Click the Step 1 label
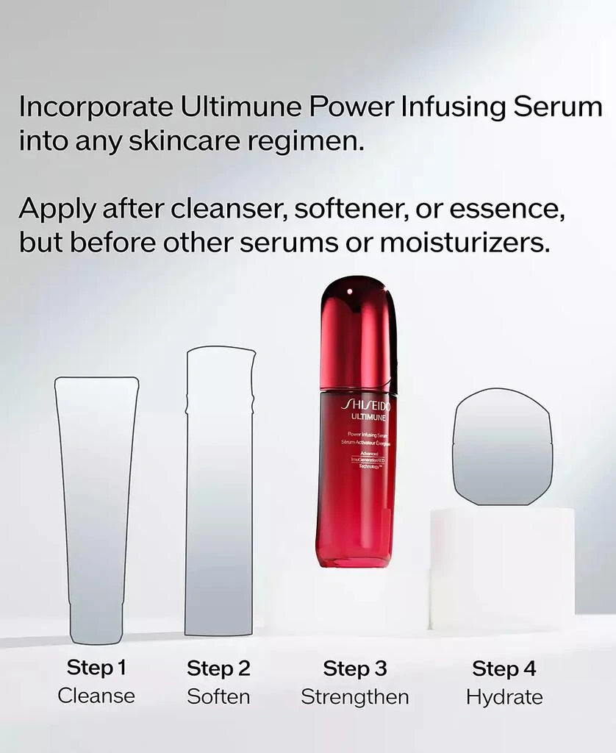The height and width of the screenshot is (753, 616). (96, 668)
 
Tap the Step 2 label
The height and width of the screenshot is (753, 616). (218, 668)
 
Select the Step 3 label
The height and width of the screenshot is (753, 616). (355, 668)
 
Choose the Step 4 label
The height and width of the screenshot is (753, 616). (504, 669)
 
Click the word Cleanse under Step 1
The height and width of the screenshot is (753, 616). (96, 696)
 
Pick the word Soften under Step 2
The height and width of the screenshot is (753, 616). (218, 696)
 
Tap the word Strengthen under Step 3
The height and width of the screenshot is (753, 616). (355, 696)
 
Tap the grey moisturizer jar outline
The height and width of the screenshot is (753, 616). (502, 448)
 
